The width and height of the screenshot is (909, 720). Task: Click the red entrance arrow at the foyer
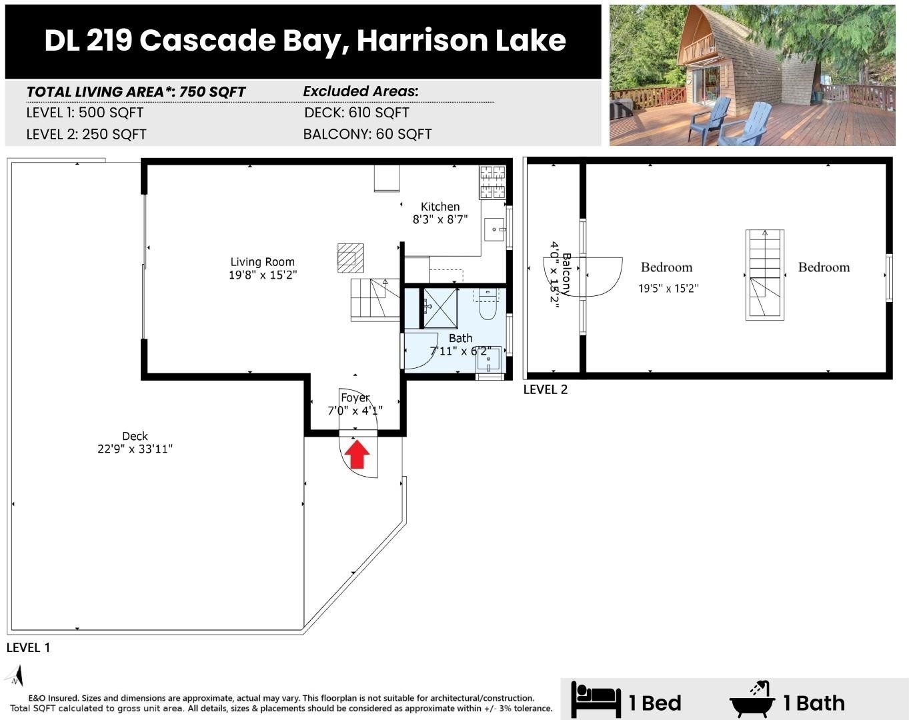pos(357,455)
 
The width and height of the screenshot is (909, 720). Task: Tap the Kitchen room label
pos(439,207)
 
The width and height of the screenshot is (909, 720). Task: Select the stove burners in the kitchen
pos(493,182)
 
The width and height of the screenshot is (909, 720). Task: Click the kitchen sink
pos(494,229)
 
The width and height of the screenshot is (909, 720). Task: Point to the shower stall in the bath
pos(440,307)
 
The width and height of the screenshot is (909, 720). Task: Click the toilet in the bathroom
pos(488,308)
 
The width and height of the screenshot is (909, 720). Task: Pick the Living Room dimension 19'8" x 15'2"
pos(263,274)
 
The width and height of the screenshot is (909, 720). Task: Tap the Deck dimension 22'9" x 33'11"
pos(135,449)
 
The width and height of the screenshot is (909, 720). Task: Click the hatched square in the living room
pos(350,258)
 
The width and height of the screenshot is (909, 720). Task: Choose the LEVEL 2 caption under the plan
pos(545,389)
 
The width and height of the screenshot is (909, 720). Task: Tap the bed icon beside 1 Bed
pos(595,699)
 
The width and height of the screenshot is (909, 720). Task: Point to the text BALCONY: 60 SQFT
pos(367,134)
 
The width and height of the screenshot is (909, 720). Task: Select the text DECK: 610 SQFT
pos(356,113)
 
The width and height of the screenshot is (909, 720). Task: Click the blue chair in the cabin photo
pos(708,119)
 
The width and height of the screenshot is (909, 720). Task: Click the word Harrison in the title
pos(421,41)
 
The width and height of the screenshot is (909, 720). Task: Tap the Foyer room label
pos(355,398)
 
